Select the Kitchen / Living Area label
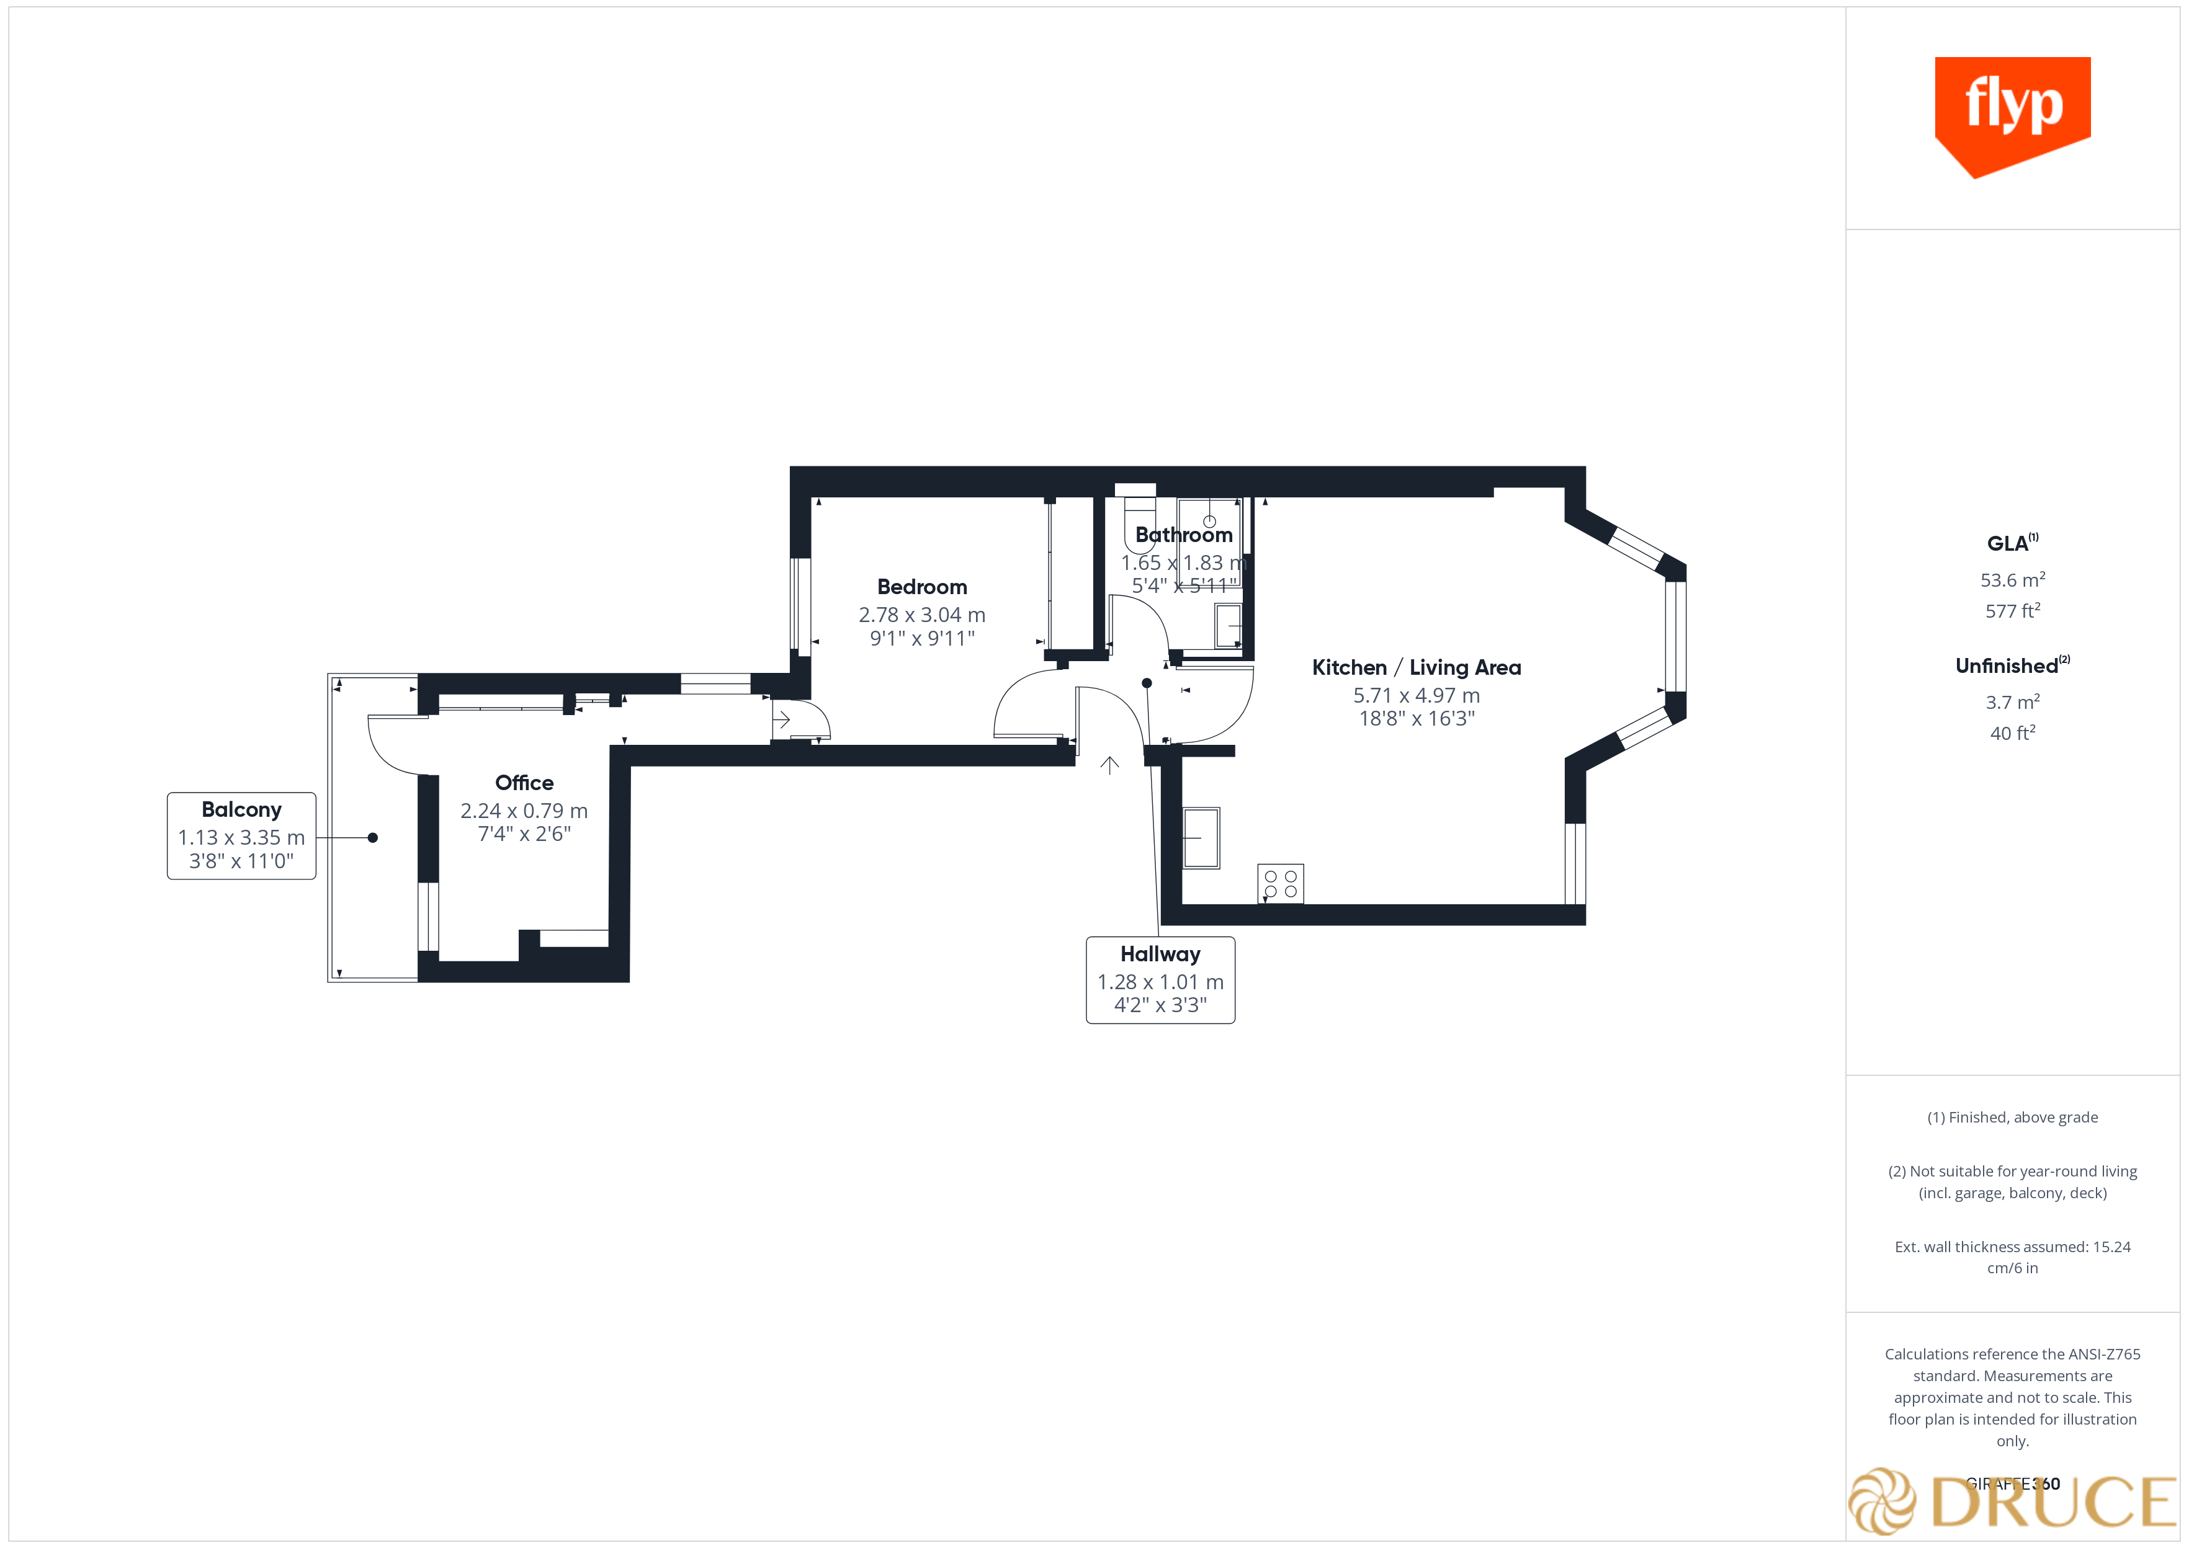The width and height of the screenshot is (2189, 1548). pos(1416,667)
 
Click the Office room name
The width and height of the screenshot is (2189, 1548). pos(524,783)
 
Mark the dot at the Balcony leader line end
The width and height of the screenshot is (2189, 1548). pos(373,838)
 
